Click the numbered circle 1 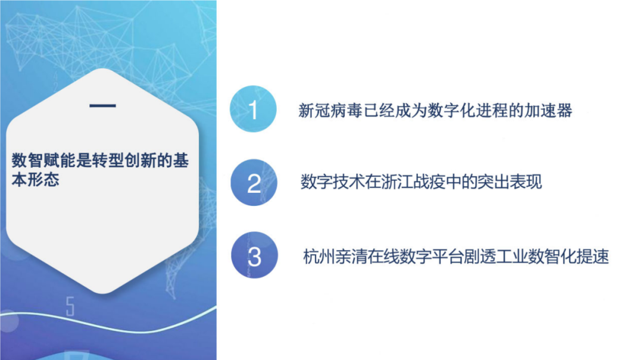254,109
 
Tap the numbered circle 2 254,183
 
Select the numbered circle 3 254,257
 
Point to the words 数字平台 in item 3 429,258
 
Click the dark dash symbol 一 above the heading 102,107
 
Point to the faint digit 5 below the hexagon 70,307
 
